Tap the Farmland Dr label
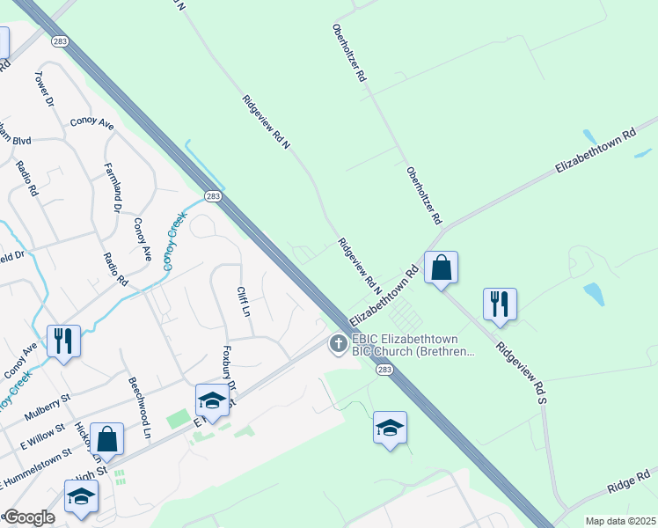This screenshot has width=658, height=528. click(112, 187)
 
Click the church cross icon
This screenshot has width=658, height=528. click(337, 344)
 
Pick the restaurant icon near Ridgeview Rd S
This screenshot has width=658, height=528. click(500, 304)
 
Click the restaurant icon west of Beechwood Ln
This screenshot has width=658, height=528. click(63, 341)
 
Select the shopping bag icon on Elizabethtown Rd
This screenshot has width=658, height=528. click(441, 267)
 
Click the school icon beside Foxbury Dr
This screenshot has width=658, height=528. click(212, 401)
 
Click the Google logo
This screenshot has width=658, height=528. click(28, 517)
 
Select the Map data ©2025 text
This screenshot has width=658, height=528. click(620, 521)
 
